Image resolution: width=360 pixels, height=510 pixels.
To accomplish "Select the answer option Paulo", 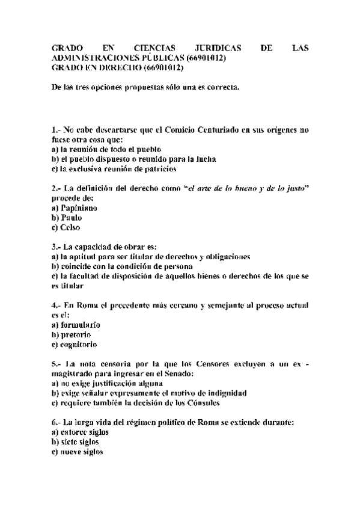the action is [71, 218].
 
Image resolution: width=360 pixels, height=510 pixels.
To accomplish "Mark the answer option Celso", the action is [70, 227].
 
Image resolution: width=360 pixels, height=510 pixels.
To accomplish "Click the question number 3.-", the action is [56, 247].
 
